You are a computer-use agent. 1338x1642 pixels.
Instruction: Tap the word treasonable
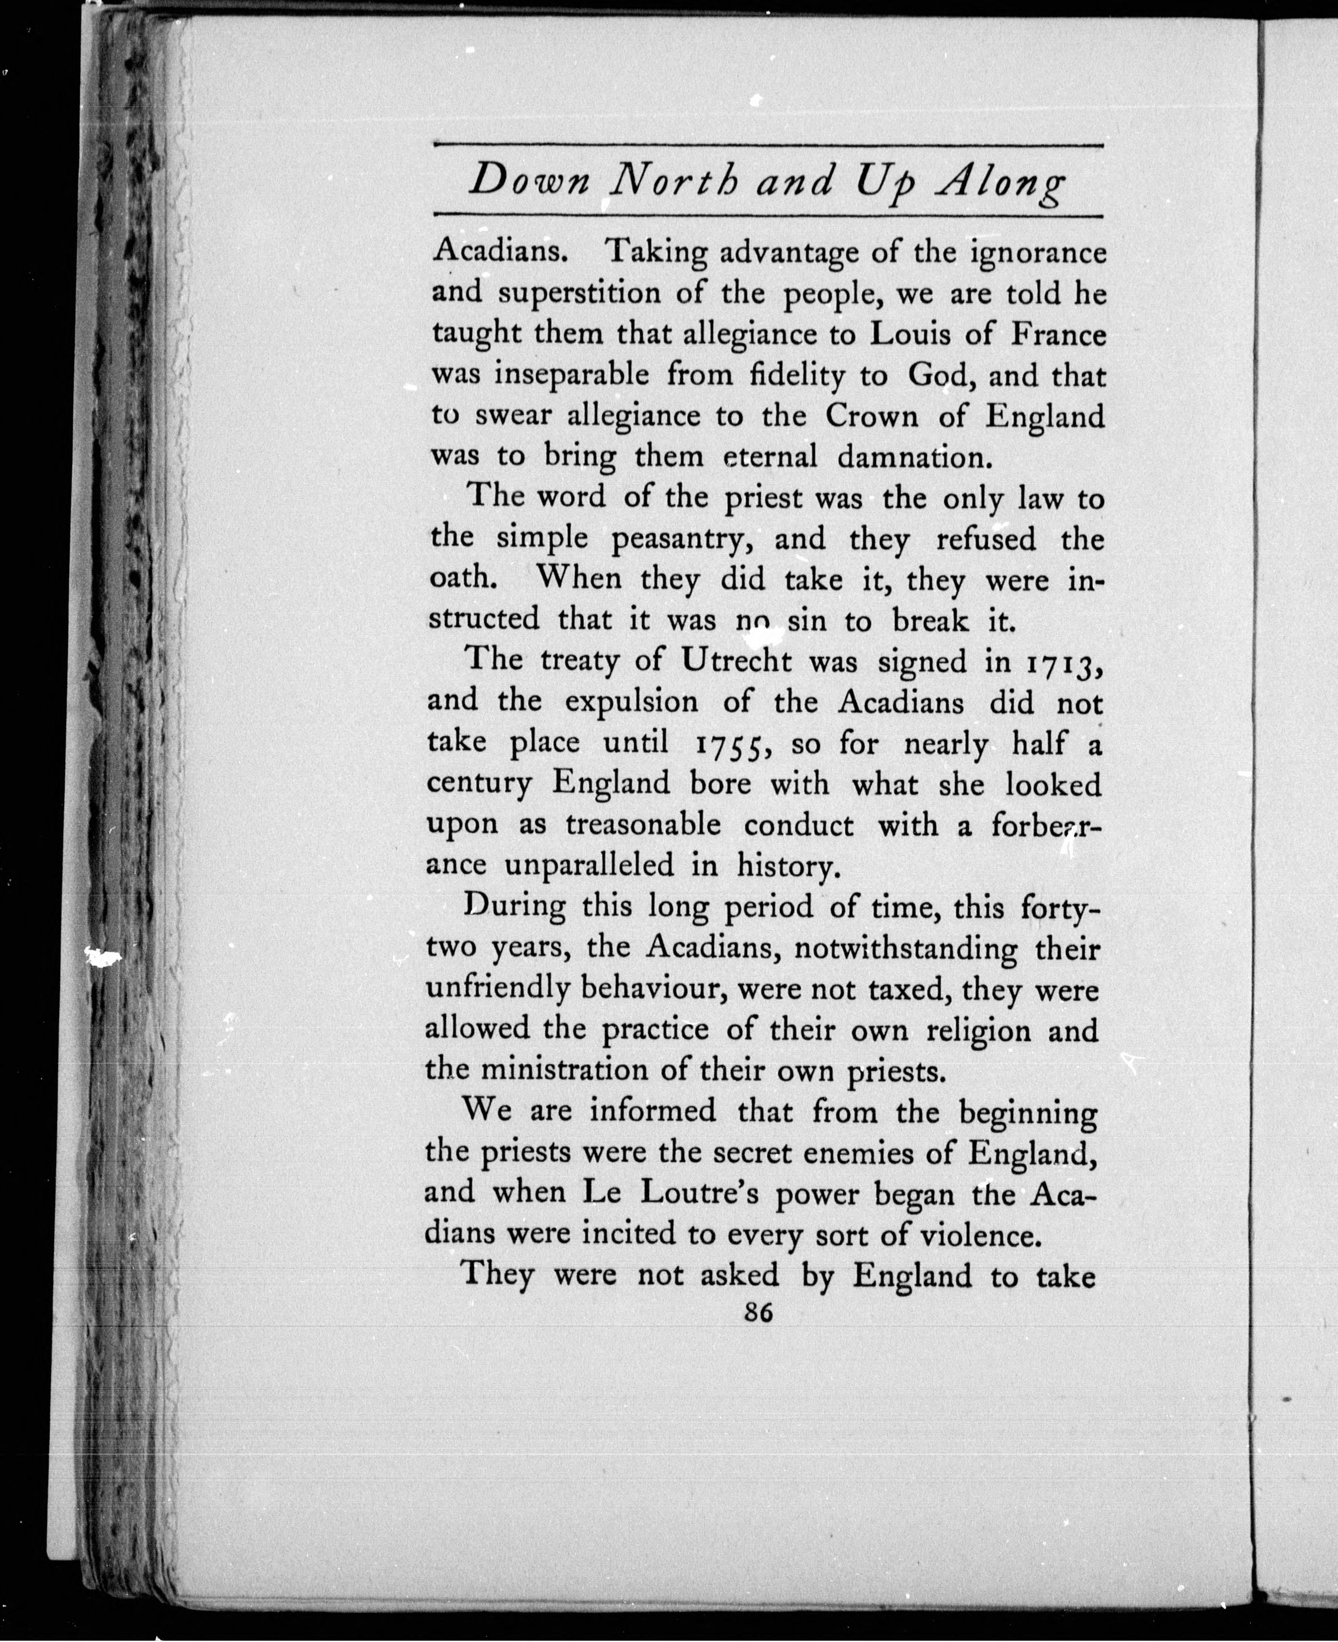coord(644,825)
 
